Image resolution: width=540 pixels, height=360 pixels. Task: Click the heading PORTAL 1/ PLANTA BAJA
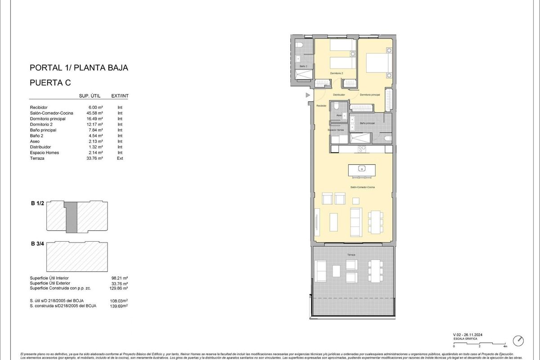[79, 68]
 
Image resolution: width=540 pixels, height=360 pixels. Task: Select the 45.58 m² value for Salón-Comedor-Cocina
[95, 113]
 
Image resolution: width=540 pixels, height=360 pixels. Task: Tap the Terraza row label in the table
[38, 158]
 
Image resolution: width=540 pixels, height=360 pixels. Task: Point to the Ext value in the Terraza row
[120, 158]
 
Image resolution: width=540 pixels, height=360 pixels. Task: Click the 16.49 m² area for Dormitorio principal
[95, 119]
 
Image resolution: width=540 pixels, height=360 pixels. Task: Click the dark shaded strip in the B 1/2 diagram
[71, 216]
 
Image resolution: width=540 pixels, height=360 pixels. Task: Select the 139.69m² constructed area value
[119, 306]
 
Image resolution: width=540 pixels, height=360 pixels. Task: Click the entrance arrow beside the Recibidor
[308, 95]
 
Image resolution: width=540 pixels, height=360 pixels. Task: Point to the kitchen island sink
[361, 169]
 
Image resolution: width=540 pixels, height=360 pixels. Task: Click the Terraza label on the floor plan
[351, 255]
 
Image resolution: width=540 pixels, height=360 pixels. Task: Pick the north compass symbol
[519, 340]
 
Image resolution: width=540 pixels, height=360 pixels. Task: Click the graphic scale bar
[480, 343]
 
